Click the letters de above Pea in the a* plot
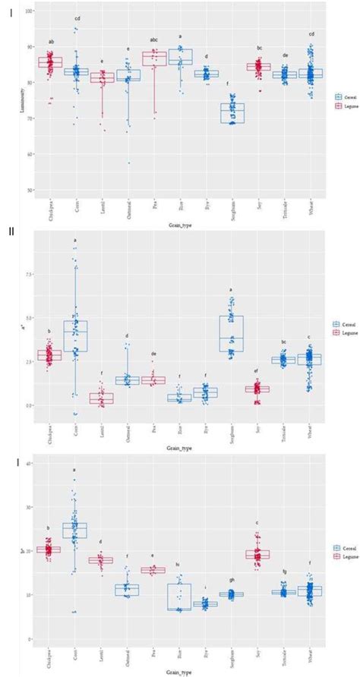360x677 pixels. [x=153, y=354]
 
